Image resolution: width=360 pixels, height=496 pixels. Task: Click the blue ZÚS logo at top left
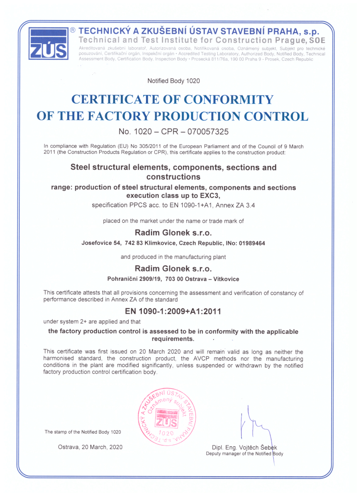point(48,43)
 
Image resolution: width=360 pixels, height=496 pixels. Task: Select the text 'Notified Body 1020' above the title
point(174,81)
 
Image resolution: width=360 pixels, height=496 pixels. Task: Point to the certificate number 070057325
point(203,132)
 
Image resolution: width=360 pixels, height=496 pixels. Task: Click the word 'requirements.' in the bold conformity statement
point(173,339)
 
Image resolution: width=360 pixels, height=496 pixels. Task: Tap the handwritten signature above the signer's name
point(253,425)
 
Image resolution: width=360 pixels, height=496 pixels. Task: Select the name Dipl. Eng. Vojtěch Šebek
point(245,448)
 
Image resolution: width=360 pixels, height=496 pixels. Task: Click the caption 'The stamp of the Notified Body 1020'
point(83,432)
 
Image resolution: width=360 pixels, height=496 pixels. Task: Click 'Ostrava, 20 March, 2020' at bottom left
point(90,447)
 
